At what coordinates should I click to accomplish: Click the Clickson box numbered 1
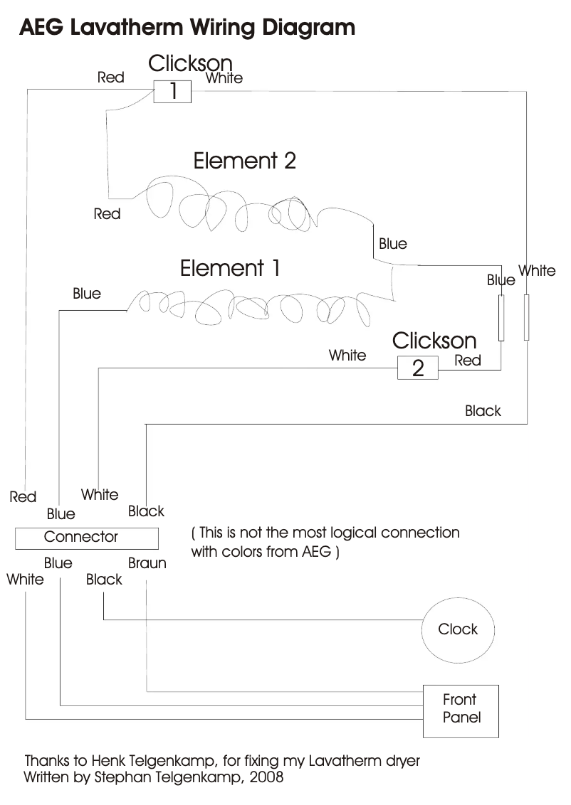[173, 91]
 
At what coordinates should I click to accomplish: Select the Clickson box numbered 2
[417, 368]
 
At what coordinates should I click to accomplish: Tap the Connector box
[81, 538]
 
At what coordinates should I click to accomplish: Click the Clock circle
[458, 629]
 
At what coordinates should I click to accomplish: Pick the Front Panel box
[461, 710]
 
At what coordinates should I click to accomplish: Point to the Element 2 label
[244, 161]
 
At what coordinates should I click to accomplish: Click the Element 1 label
[230, 269]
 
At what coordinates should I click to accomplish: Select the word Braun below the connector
[147, 563]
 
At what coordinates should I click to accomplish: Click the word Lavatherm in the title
[127, 28]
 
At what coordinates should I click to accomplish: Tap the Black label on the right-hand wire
[483, 411]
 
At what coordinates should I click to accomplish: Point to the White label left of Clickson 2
[347, 355]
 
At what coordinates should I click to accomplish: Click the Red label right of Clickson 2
[468, 361]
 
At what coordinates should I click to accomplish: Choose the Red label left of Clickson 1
[111, 78]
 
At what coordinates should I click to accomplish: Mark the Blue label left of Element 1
[87, 294]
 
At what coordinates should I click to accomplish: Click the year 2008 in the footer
[267, 777]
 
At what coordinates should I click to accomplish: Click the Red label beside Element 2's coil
[107, 213]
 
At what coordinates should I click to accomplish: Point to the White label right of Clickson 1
[224, 78]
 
